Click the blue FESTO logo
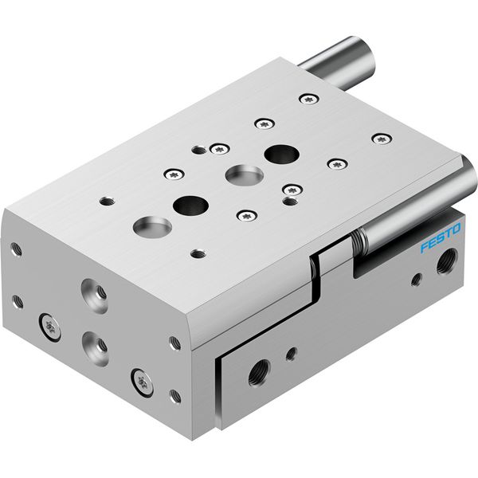pos(441,237)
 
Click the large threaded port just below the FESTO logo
pos(447,261)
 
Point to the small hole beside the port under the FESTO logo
pos(417,280)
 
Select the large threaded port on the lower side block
pos(259,373)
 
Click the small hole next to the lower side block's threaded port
pos(292,354)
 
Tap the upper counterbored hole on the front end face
pos(94,296)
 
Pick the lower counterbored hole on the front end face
pos(95,348)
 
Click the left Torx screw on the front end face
pos(49,327)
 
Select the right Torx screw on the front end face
pos(142,382)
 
